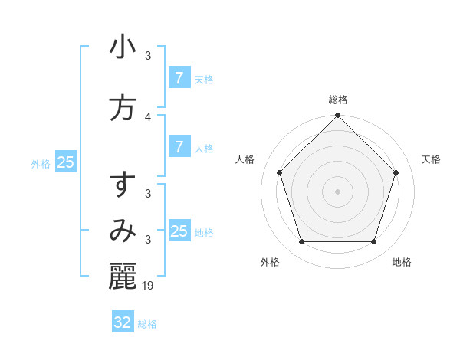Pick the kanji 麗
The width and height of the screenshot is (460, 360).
point(123,276)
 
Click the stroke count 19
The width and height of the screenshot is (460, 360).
point(149,286)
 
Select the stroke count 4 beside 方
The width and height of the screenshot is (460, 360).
point(149,117)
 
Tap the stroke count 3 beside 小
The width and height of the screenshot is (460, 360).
point(149,56)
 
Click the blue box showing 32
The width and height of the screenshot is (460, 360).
point(123,322)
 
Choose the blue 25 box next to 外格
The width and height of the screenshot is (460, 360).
point(66,162)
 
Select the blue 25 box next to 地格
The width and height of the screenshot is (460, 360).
point(179,231)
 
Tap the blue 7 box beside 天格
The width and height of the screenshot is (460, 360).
point(179,78)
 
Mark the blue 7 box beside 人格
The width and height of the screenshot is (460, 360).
point(179,147)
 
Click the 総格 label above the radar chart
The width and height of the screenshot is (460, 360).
point(338,100)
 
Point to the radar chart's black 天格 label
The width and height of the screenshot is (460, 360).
point(431,159)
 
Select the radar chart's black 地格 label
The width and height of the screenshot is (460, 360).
point(402,262)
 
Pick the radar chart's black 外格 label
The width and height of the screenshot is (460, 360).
point(270,262)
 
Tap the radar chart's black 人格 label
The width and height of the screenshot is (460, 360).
point(245,159)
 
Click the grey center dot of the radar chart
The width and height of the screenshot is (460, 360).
point(337,191)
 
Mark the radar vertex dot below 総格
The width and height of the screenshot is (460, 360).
point(337,116)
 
